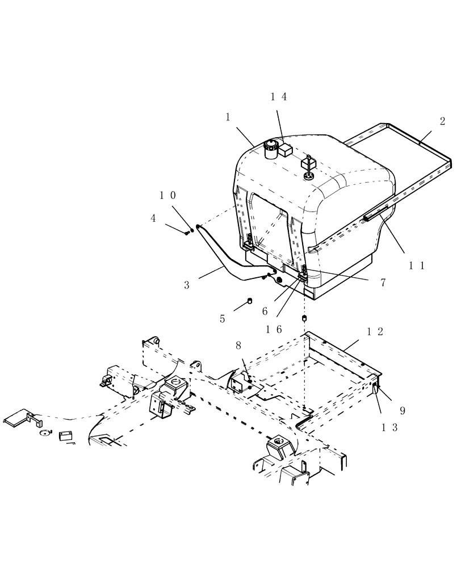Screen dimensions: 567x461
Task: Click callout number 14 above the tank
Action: click(x=278, y=97)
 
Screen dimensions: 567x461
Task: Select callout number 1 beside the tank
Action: click(x=228, y=117)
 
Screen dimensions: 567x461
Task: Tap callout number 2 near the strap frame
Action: click(x=442, y=121)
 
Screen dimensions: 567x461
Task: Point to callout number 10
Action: click(x=167, y=196)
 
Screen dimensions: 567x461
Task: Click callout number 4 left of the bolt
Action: click(x=153, y=218)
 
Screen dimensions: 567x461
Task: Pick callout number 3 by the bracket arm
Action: click(x=187, y=285)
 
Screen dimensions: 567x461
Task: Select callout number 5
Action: click(x=223, y=319)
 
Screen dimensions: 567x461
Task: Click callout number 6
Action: click(x=265, y=311)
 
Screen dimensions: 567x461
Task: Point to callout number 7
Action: click(x=383, y=282)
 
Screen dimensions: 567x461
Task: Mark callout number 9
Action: click(x=403, y=410)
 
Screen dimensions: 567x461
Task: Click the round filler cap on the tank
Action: click(x=270, y=146)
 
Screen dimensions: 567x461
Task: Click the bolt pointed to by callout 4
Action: click(x=187, y=231)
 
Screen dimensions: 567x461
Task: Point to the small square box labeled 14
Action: click(x=286, y=150)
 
